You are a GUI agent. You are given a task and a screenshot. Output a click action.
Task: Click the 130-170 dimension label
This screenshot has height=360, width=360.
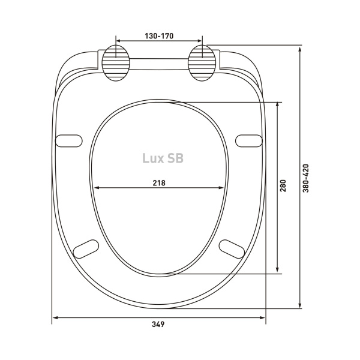159,36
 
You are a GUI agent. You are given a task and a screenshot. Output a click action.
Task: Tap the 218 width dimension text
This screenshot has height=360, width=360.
159,183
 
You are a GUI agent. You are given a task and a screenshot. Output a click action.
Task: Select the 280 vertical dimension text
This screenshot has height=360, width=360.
283,185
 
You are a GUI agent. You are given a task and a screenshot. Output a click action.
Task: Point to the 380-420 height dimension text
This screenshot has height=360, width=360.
306,178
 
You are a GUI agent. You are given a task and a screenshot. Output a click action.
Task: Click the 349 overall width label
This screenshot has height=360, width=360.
158,324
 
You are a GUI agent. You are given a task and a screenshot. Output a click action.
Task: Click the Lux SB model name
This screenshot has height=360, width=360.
163,158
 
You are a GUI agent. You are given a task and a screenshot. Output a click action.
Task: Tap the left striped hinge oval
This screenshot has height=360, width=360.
116,63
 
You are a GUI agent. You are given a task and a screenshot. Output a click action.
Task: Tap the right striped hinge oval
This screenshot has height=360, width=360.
202,63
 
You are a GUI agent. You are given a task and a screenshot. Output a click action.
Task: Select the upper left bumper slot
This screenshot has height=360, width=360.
69,141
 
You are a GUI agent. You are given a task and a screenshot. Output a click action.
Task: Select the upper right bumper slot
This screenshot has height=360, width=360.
249,141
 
